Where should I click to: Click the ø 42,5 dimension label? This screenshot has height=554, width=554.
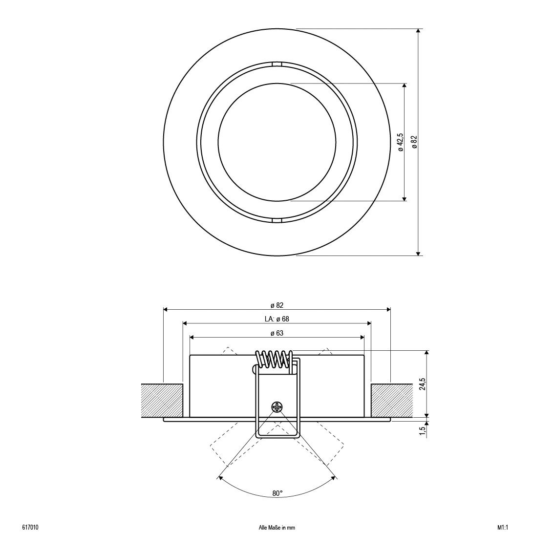click(x=400, y=142)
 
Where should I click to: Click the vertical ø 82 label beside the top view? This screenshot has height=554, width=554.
click(x=414, y=142)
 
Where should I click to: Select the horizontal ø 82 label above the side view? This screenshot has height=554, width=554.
click(x=277, y=305)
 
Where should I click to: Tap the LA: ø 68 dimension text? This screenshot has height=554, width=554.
click(x=277, y=319)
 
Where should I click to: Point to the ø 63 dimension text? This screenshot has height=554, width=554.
click(x=277, y=333)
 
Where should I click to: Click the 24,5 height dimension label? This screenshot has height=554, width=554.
click(x=422, y=384)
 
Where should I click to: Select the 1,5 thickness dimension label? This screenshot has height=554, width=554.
click(x=422, y=430)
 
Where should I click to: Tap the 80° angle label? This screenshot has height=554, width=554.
click(x=277, y=493)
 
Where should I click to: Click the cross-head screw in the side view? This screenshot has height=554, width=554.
click(x=277, y=406)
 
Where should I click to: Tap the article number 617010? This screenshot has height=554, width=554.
click(x=31, y=528)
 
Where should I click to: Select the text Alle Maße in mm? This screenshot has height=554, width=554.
click(x=277, y=528)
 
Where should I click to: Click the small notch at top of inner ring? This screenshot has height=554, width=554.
click(x=277, y=64)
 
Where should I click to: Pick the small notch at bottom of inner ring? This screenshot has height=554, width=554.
click(x=277, y=221)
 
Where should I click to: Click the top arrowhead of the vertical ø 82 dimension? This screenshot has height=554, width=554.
click(x=418, y=31)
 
